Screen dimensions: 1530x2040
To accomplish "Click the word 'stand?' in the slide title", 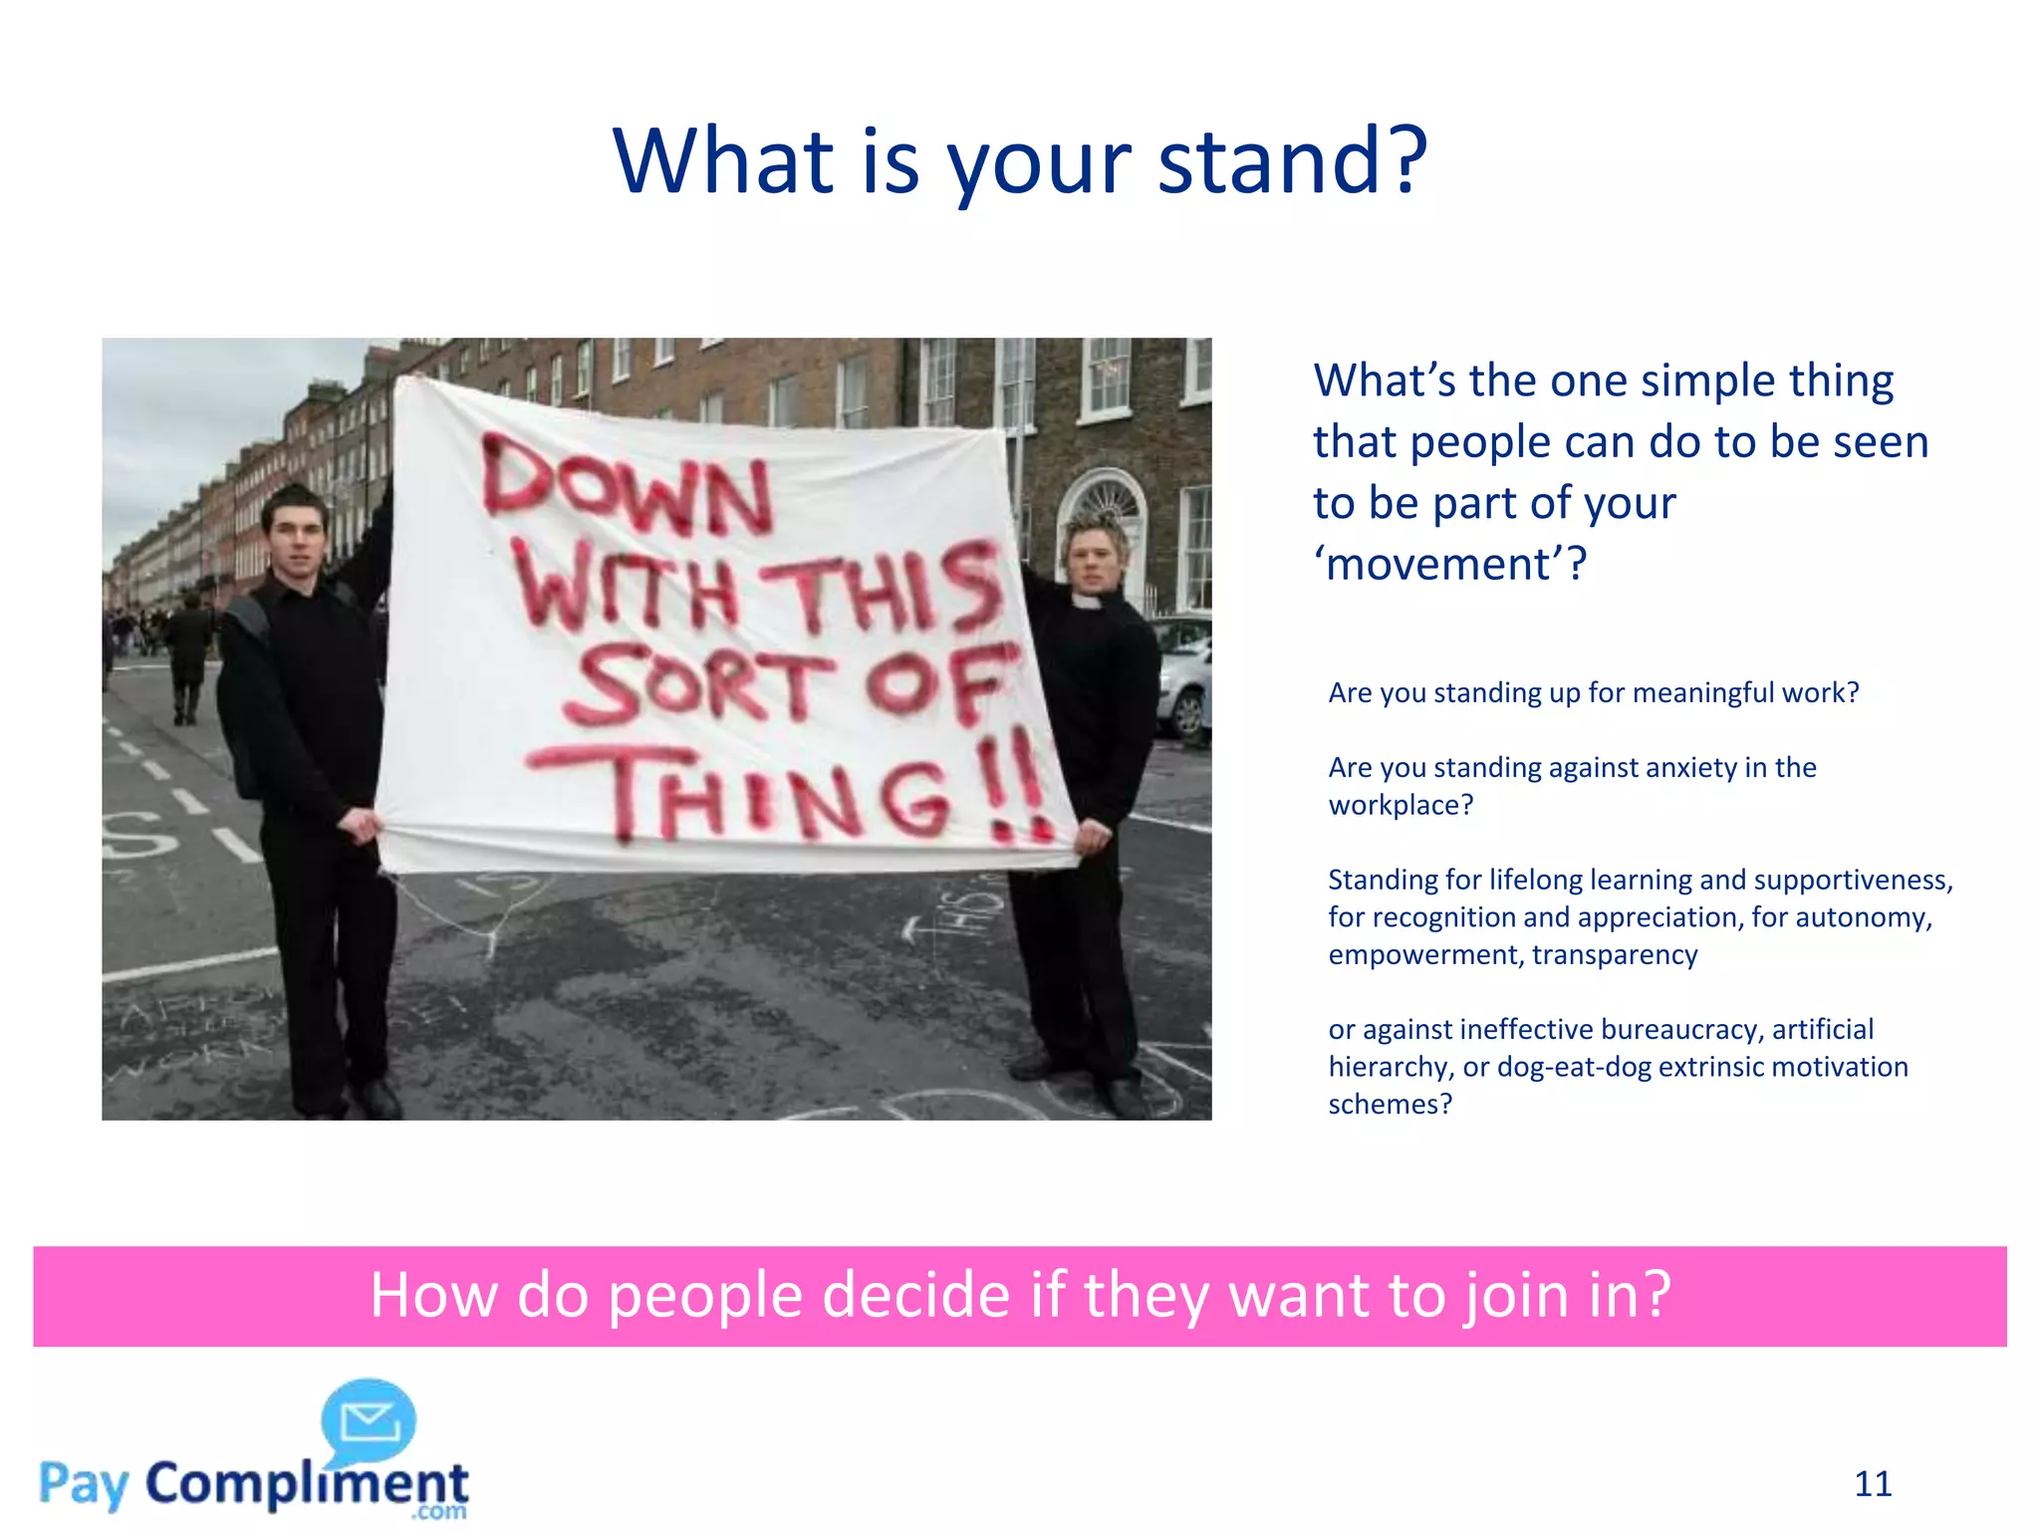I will coord(1293,161).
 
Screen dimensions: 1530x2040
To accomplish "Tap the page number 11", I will coord(1873,1484).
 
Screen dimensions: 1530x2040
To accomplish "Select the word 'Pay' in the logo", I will coord(84,1484).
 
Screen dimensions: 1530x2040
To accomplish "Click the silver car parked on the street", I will coord(1183,677).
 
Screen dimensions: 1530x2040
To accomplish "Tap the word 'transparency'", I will coord(1615,954).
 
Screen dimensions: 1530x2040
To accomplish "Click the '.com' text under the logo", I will coord(438,1511).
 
